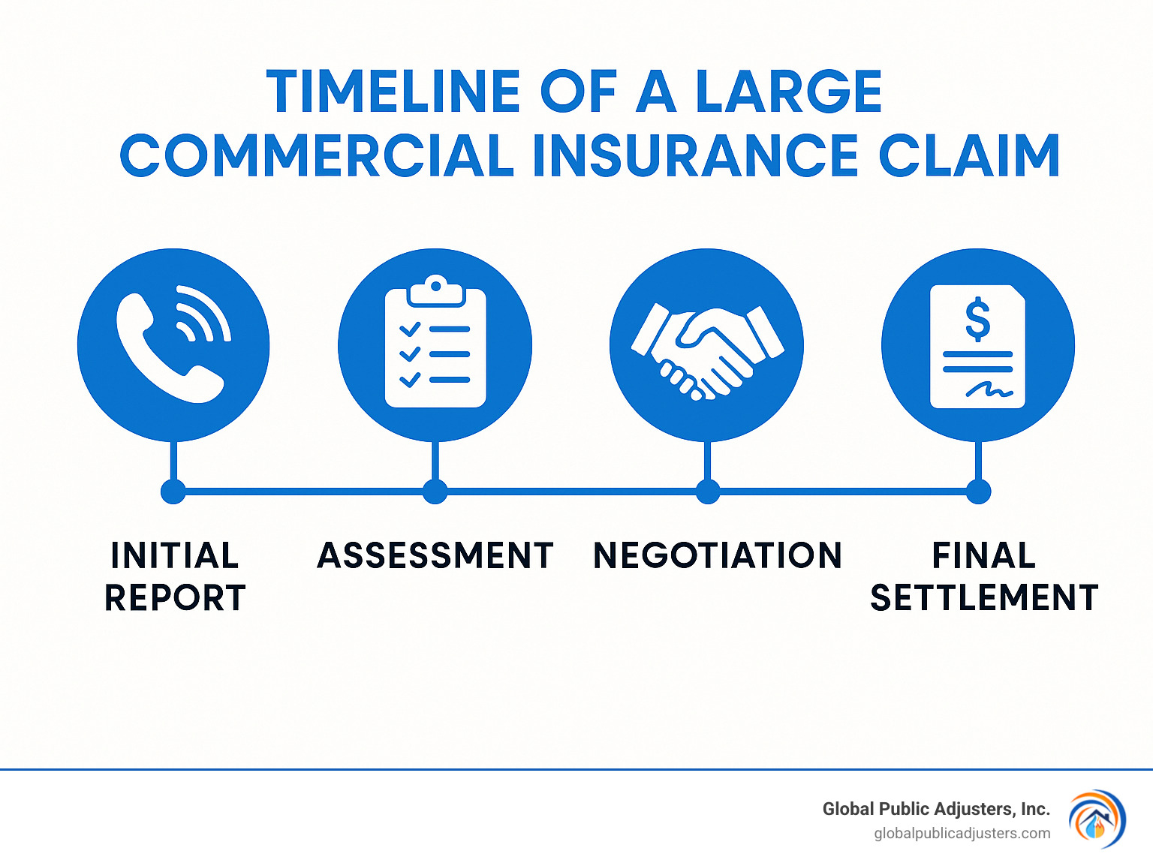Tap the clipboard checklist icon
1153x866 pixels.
pos(435,345)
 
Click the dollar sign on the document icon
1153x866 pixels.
pos(977,319)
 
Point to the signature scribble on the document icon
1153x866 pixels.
pos(989,390)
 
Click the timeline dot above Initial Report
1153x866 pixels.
pos(173,492)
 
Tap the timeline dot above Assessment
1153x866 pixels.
pos(435,492)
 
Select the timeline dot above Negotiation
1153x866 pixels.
pos(707,492)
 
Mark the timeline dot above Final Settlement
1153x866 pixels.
pos(978,492)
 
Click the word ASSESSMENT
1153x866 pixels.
pos(435,556)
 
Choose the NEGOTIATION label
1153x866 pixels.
pos(718,556)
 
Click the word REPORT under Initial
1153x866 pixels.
pos(175,598)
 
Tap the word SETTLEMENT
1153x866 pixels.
pos(984,598)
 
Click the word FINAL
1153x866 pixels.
pos(984,556)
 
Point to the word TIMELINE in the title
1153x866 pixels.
pos(394,92)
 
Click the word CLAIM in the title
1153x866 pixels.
pos(969,156)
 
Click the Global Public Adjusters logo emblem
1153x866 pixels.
pos(1097,819)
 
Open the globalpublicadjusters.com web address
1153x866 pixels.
pos(962,834)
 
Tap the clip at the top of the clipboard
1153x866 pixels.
pos(435,290)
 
